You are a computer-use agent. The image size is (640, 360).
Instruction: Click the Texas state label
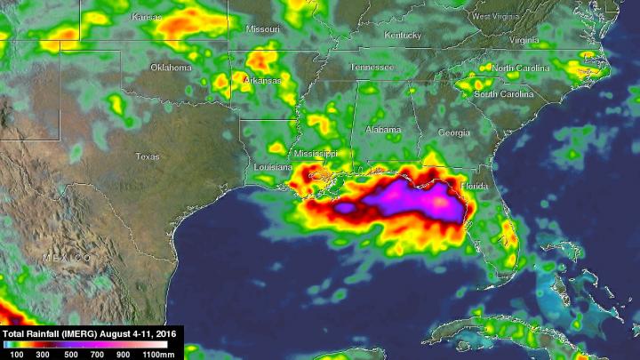148,156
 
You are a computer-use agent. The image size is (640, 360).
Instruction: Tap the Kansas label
147,17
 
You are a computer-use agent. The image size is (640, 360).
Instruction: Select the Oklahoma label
171,68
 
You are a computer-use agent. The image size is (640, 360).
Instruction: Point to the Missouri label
263,29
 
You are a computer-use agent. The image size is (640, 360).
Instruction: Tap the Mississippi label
316,153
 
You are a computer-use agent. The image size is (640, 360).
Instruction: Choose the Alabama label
383,130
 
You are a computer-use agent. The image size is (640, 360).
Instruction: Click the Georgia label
454,132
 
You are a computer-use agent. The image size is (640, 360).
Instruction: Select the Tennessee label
371,68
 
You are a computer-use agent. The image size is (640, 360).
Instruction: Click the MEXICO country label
67,257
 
